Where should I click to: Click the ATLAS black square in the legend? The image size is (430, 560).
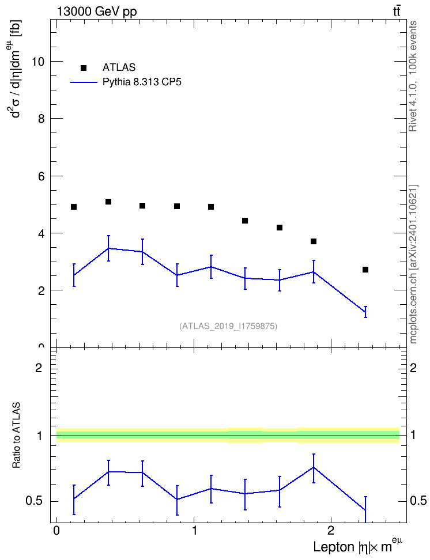(x=83, y=68)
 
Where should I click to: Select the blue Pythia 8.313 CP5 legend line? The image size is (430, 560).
(x=84, y=82)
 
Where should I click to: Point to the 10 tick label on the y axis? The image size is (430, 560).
(x=38, y=62)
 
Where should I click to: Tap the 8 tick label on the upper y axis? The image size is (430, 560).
(x=42, y=119)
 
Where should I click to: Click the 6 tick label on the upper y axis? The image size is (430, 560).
(x=42, y=176)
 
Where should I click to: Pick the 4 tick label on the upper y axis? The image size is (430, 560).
(x=42, y=233)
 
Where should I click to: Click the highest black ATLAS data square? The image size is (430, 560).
(x=108, y=202)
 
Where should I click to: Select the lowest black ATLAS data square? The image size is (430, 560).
(x=365, y=270)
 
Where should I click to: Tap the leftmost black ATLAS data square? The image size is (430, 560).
(x=74, y=207)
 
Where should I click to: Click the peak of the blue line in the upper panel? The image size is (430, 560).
(x=108, y=248)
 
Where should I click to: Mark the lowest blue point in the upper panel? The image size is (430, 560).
(x=365, y=312)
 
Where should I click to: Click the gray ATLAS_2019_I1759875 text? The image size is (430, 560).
(x=228, y=326)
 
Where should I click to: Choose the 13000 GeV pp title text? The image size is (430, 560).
(x=97, y=12)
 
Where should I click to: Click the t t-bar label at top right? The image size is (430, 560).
(x=397, y=12)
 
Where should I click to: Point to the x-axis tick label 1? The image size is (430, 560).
(x=194, y=531)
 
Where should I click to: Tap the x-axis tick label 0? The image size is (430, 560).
(x=56, y=531)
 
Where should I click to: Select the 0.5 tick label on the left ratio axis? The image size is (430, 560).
(x=34, y=501)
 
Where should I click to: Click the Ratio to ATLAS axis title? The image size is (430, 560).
(x=16, y=436)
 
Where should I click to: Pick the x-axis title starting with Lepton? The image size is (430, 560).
(x=357, y=547)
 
